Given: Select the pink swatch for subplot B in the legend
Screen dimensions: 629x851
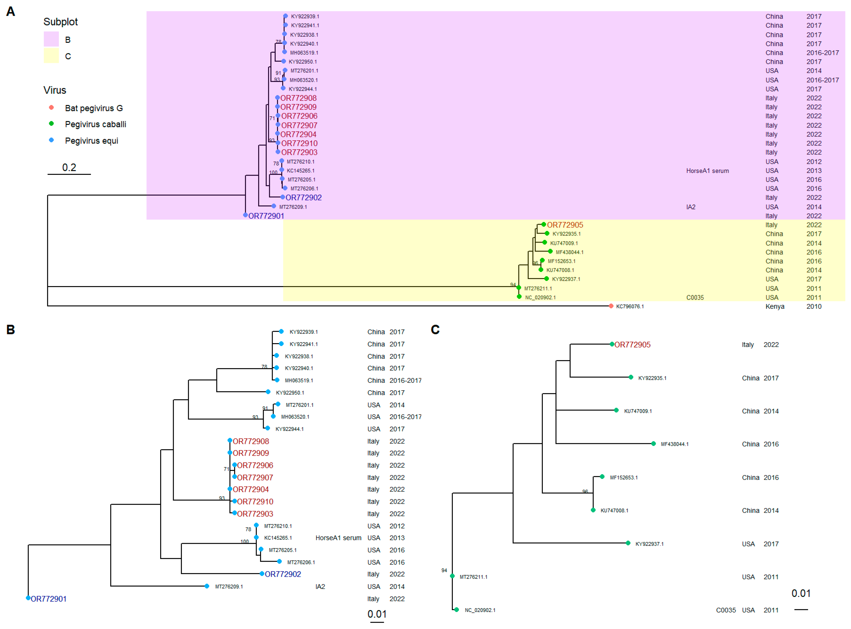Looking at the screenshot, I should point(51,39).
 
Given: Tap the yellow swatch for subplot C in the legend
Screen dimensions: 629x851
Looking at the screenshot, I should point(51,56).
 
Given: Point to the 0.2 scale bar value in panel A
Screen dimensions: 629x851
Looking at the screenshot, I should point(69,168).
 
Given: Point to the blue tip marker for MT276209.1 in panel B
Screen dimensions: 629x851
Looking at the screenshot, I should point(207,586).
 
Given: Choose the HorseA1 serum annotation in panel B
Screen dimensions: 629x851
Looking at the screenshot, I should point(338,538).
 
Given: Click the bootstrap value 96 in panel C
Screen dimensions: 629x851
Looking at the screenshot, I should point(585,492).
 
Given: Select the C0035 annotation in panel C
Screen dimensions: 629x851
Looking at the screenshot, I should point(726,610).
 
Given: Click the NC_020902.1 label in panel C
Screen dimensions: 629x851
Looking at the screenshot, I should point(480,610).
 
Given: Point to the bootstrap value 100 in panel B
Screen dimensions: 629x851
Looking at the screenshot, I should point(244,541).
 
